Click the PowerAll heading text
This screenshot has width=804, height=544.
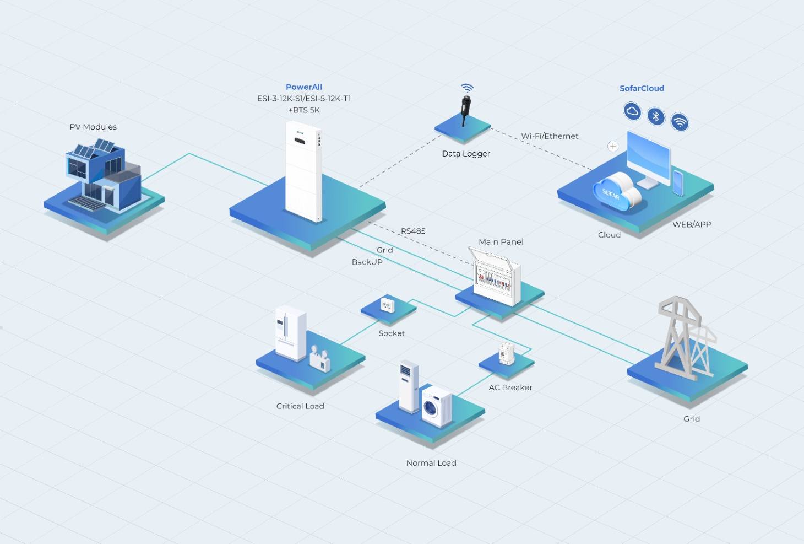coord(304,87)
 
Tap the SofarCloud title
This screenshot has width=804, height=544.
coord(642,88)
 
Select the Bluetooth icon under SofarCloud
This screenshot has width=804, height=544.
coord(656,116)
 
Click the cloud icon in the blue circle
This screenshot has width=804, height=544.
coord(632,111)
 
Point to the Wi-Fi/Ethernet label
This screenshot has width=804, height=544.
coord(550,136)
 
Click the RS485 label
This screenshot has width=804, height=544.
coord(413,231)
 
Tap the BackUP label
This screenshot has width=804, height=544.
coord(367,262)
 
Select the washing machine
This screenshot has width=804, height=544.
coord(437,406)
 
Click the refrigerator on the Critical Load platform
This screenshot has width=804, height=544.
coord(290,333)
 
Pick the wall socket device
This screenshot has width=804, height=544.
coord(387,306)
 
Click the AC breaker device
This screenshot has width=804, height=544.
coord(507,353)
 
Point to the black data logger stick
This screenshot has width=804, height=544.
coord(466,110)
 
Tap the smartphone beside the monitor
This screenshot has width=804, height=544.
coord(678,183)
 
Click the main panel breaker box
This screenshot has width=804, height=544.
coord(495,276)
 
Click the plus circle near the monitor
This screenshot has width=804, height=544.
coord(613,146)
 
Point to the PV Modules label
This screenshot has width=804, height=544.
coord(93,127)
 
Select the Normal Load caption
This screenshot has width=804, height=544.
coord(431,463)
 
